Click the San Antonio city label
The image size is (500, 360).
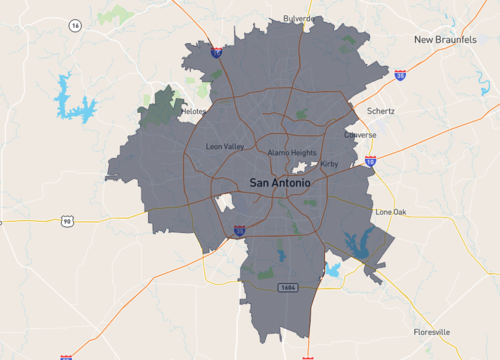[x=279, y=183]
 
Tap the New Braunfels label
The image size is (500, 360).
[x=449, y=39]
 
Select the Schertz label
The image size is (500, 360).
[x=381, y=111]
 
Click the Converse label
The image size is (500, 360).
[x=360, y=134]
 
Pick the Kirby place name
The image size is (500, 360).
[x=332, y=162]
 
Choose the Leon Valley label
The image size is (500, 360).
[x=224, y=147]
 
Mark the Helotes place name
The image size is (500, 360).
[x=194, y=112]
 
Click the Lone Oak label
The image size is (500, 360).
[x=390, y=212]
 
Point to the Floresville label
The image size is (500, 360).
[x=432, y=331]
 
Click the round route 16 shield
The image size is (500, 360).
[x=75, y=25]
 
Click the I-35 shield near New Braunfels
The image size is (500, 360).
[x=400, y=74]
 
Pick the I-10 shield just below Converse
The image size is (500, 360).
[x=370, y=159]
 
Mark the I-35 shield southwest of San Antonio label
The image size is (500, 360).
[x=240, y=230]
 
